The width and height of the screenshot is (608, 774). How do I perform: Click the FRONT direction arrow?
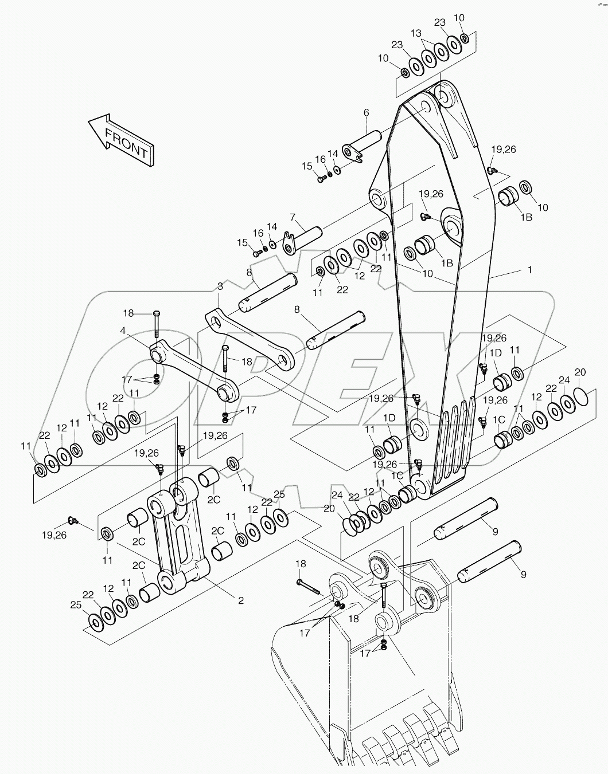[x=122, y=140]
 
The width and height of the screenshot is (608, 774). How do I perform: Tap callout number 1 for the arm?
[x=529, y=269]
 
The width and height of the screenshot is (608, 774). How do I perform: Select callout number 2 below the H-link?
[x=240, y=600]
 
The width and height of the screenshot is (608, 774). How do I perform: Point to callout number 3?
[x=220, y=286]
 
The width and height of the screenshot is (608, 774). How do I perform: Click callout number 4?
[x=123, y=331]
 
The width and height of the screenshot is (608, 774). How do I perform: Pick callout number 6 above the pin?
[x=366, y=113]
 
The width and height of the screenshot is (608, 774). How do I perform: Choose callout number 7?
[x=293, y=217]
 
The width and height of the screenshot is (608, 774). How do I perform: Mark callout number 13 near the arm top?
[x=415, y=33]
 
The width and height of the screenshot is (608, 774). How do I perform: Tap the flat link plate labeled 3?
[x=250, y=338]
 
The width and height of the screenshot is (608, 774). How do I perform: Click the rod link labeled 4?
[x=195, y=370]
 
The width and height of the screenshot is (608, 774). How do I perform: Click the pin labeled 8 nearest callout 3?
[x=268, y=292]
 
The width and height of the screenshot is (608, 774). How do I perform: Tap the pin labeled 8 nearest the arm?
[x=336, y=329]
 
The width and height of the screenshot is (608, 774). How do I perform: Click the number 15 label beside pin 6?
[x=307, y=166]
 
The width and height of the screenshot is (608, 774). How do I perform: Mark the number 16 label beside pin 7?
[x=258, y=233]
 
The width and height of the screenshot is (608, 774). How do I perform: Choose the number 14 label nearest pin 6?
[x=333, y=154]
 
